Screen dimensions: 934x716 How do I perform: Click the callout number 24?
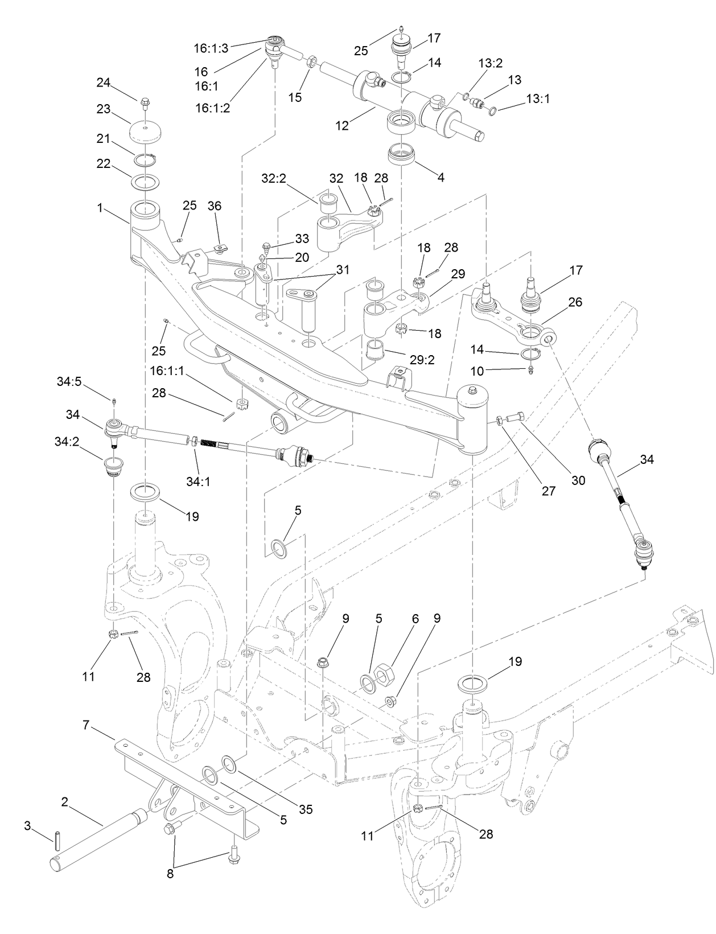point(102,83)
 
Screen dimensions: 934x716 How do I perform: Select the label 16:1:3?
point(211,48)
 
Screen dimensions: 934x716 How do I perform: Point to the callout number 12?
point(341,126)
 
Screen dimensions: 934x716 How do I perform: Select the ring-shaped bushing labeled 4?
point(402,155)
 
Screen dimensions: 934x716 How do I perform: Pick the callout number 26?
point(575,302)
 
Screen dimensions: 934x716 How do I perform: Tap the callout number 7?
point(87,726)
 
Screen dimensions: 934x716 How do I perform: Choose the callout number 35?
point(306,809)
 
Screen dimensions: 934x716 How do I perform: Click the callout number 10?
point(476,371)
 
